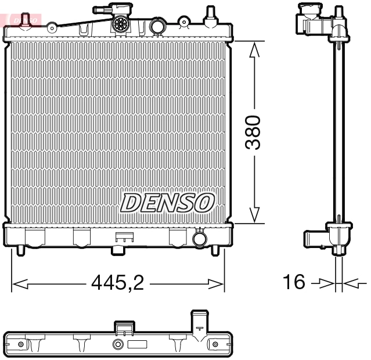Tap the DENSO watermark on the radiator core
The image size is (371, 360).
coord(167,203)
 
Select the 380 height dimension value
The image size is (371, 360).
coord(253,132)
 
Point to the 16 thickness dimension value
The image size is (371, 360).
coord(294,282)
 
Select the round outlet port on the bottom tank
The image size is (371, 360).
coord(199,238)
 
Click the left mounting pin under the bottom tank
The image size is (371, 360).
coord(21,250)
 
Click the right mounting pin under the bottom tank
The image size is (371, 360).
coord(217,250)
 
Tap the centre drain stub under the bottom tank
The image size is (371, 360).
coord(118,250)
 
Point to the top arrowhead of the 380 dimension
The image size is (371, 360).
coord(254,50)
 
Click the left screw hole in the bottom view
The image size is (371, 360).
coord(21,345)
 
